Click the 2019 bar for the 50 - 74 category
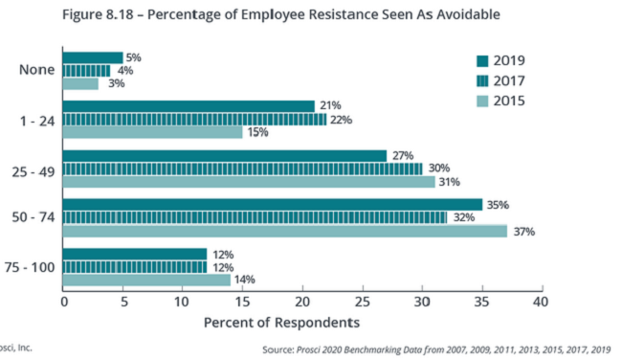tap(273, 204)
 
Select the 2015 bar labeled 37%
tap(284, 231)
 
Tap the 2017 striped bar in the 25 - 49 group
tap(242, 169)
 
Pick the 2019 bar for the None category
tap(93, 57)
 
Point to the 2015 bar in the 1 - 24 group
tap(152, 132)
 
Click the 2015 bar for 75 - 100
tap(146, 280)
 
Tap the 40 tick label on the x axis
tap(541, 302)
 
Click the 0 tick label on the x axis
tap(64, 302)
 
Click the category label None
tap(34, 70)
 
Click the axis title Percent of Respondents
tap(282, 322)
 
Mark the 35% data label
tap(496, 204)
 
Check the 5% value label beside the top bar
tap(133, 57)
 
